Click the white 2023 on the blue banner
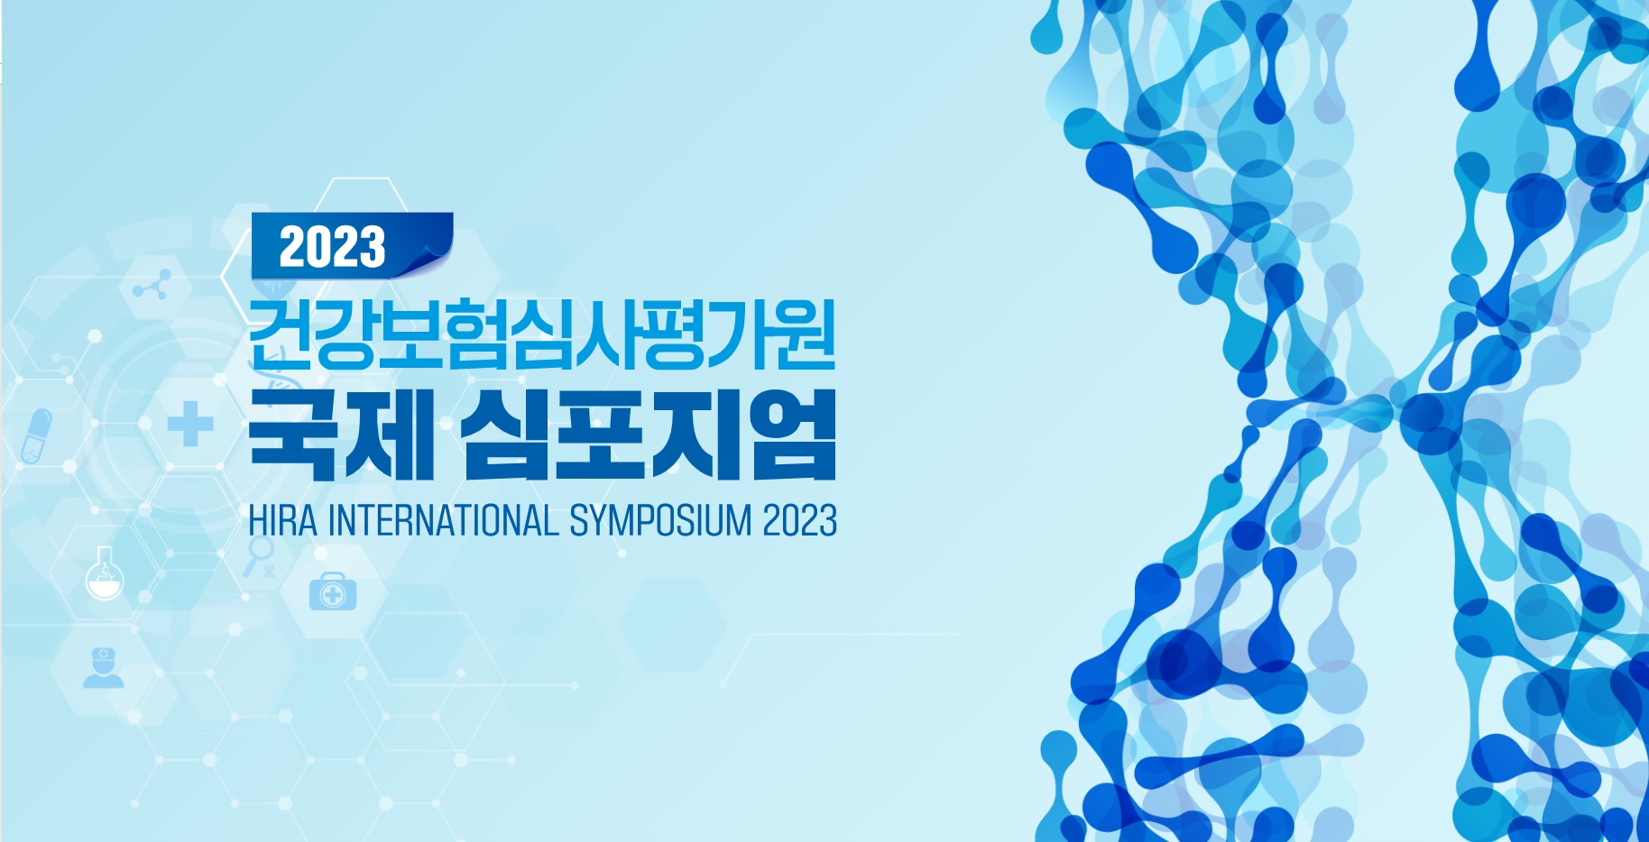point(332,247)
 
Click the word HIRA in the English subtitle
point(282,521)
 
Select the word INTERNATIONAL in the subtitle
point(443,521)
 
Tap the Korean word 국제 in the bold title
point(342,435)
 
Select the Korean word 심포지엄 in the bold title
point(649,435)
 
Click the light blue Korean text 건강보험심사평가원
point(542,334)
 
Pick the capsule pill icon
point(36,436)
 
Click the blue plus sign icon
point(190,424)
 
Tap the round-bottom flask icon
point(104,574)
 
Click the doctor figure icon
point(103,668)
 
